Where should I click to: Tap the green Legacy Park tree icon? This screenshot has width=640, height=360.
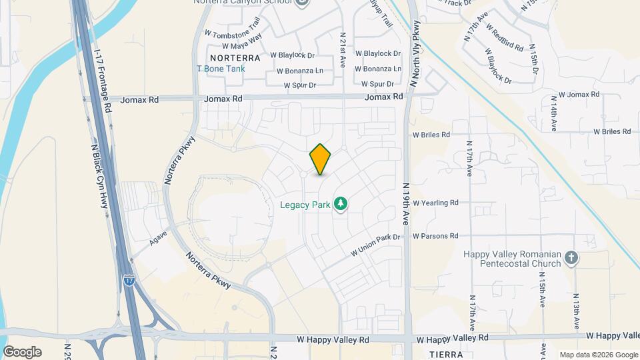coord(341,203)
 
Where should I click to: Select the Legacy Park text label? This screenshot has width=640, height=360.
coord(305,205)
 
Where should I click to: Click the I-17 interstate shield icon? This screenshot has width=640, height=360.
coord(129,281)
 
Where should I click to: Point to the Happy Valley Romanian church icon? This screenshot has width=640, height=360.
coord(571,257)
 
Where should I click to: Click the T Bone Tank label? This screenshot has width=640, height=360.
coord(221,69)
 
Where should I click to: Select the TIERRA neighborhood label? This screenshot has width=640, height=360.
coord(445,353)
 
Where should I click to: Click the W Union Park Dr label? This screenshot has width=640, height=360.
coord(375,245)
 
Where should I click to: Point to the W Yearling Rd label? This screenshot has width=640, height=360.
coord(436,203)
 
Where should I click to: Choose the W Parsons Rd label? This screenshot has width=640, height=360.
coord(435,236)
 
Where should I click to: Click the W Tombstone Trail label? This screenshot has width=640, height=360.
coord(231,33)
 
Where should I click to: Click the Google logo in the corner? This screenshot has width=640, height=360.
coord(22,352)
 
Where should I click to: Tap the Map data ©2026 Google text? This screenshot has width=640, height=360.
coord(598,355)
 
